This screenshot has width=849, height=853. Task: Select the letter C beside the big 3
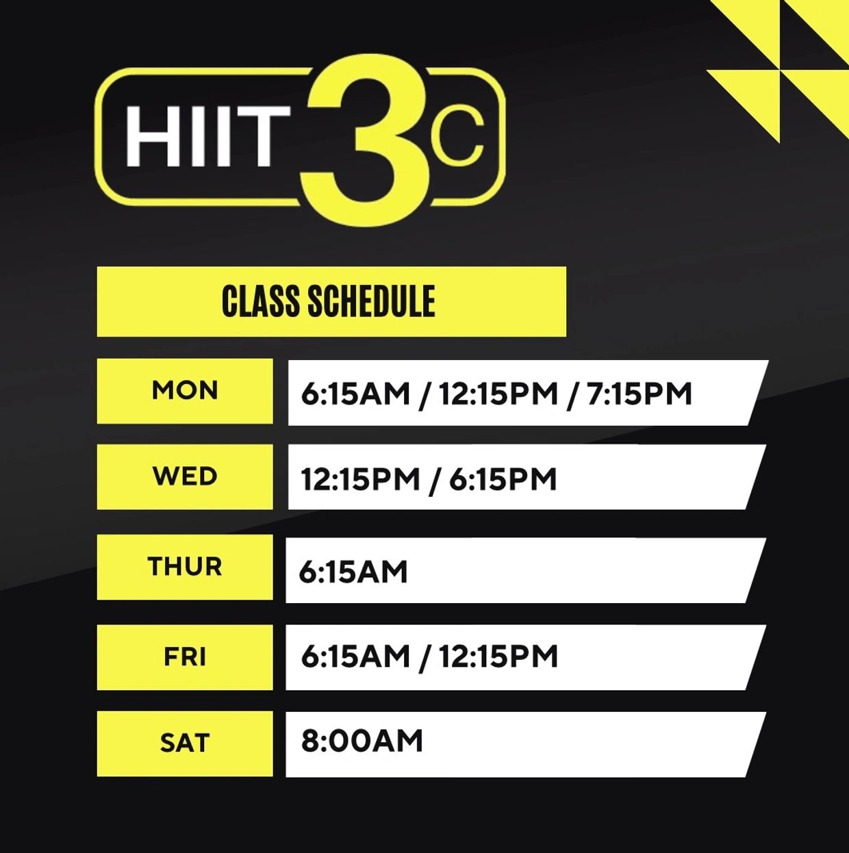click(x=457, y=133)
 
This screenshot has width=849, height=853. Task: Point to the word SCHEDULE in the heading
click(x=371, y=301)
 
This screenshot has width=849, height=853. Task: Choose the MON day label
click(x=185, y=390)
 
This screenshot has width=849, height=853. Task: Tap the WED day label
click(x=185, y=476)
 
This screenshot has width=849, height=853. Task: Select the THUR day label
click(x=185, y=566)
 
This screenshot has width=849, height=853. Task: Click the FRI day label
click(x=185, y=657)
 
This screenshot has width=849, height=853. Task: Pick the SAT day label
click(x=185, y=743)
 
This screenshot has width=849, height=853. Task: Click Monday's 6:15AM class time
click(x=355, y=394)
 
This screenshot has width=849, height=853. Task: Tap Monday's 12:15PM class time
click(x=498, y=394)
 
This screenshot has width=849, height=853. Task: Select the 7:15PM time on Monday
click(x=639, y=394)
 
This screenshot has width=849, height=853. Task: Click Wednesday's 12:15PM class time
click(x=360, y=479)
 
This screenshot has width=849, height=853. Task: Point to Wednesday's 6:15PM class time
click(x=503, y=479)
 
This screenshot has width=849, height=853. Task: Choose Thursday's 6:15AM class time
click(x=353, y=572)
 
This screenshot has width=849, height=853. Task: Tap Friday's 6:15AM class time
click(x=355, y=656)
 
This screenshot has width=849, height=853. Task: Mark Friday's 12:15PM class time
click(x=498, y=656)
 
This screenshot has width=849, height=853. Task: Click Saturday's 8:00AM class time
click(x=362, y=741)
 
